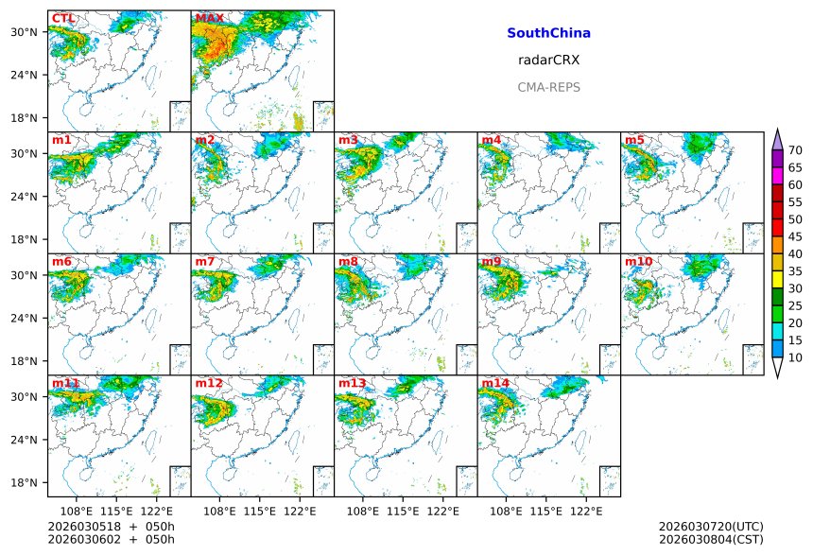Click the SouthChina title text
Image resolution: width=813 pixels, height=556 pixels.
(x=548, y=33)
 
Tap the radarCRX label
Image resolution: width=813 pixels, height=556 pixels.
(x=548, y=60)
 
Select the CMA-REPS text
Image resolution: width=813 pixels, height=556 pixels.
(x=548, y=87)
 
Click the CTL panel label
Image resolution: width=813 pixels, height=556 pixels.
(x=63, y=18)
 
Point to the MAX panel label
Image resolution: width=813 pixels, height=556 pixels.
(x=210, y=18)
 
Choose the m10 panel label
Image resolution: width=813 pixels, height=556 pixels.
(x=638, y=261)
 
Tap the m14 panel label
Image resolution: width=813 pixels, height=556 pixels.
(x=494, y=383)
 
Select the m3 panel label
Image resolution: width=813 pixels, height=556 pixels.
(x=348, y=140)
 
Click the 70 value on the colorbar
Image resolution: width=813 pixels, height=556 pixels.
(x=795, y=150)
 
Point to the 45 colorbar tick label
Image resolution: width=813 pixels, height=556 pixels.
(x=795, y=236)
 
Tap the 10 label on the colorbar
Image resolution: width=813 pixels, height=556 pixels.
(x=795, y=357)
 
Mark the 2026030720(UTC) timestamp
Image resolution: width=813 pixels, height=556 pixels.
(x=710, y=526)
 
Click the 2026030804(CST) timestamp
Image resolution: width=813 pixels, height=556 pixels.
(x=710, y=539)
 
